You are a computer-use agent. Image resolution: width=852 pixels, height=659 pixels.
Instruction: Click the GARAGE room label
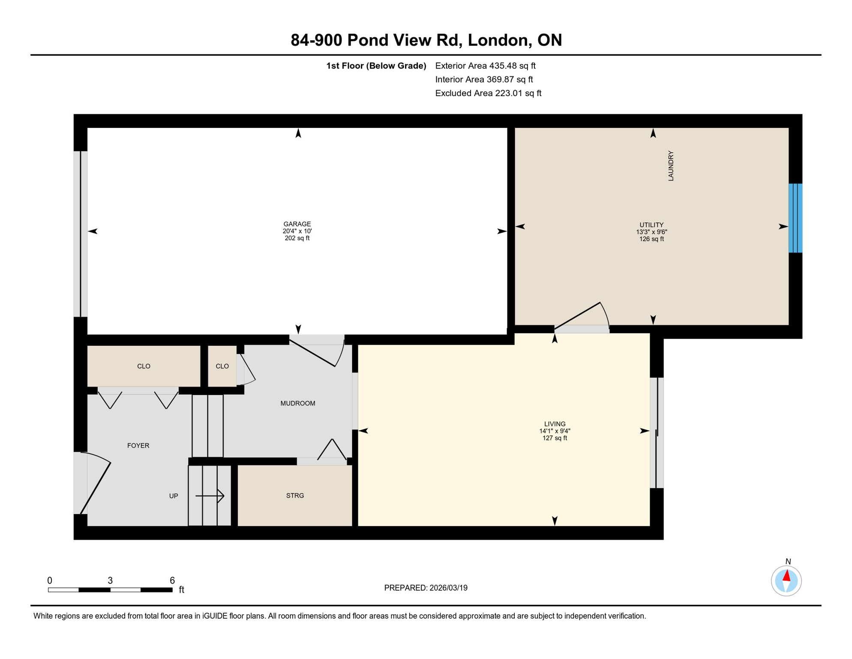(297, 224)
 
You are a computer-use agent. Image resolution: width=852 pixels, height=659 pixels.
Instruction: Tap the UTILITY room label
(651, 225)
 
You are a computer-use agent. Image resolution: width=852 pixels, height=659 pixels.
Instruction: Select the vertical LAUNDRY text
(671, 166)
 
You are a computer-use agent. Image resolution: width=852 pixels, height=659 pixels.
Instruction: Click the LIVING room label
(555, 424)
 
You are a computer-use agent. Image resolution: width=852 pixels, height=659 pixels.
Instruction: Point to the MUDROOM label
(297, 403)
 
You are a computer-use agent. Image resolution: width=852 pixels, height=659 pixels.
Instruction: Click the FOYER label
(138, 446)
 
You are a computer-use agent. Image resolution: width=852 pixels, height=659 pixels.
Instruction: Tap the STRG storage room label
(295, 496)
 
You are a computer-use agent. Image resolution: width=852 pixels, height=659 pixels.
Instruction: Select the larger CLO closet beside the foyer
(144, 366)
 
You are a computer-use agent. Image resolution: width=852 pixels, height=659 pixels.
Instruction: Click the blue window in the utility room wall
(795, 218)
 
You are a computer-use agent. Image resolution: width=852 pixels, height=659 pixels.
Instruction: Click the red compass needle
(787, 575)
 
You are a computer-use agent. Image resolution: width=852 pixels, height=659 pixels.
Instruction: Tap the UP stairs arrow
(210, 496)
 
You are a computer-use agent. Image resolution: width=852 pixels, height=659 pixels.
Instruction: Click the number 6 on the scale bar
(172, 580)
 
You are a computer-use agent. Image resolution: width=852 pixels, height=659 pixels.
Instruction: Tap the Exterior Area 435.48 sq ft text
(485, 66)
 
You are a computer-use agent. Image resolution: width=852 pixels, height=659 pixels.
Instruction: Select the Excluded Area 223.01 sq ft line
(488, 93)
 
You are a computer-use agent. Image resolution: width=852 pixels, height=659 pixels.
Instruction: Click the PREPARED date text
(426, 588)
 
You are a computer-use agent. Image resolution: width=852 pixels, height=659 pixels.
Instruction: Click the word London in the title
(497, 40)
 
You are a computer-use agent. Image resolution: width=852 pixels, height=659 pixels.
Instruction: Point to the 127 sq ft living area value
(555, 438)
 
